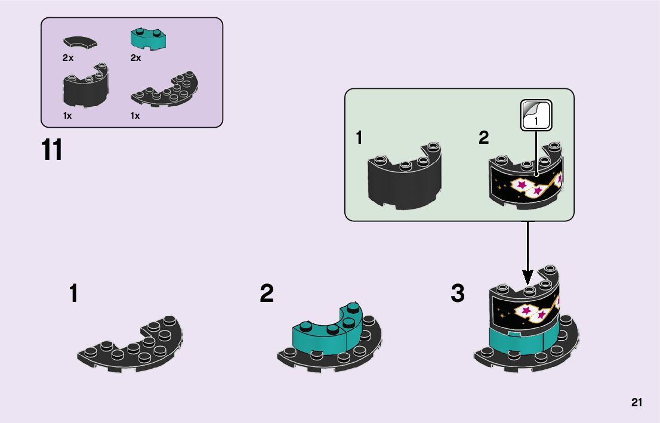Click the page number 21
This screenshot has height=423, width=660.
point(636,403)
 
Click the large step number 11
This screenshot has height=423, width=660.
point(52,150)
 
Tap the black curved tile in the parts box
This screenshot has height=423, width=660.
point(79,42)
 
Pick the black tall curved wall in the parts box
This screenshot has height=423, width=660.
point(85,88)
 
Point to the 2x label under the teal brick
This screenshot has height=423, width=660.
point(135,58)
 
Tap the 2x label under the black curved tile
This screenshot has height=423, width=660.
point(67,58)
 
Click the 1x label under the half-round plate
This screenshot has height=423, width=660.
point(135,116)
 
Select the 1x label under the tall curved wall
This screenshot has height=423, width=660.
point(67,116)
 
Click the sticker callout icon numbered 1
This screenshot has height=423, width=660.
point(536,115)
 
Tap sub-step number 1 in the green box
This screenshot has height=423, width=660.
point(359,138)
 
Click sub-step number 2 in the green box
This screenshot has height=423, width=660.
point(483,138)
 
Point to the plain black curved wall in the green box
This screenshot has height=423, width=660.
point(405,180)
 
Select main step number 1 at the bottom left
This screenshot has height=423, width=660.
point(73,294)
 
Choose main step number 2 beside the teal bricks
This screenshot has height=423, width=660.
point(267,294)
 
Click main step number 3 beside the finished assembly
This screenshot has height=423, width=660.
point(458,294)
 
